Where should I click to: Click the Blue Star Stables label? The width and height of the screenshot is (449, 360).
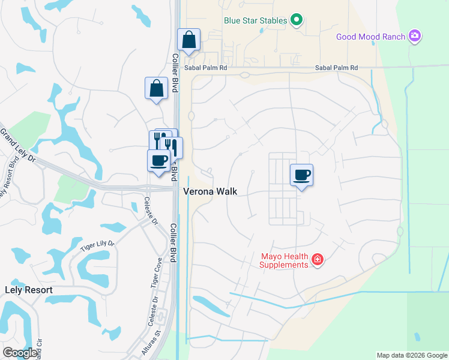coord(255,20)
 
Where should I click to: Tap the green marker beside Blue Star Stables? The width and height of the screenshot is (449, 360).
coord(296,20)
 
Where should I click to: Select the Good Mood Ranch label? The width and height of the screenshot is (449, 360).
coord(371,37)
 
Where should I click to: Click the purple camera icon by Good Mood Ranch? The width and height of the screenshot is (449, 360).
coord(414,37)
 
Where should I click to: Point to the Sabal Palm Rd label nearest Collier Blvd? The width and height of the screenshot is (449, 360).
coord(206,68)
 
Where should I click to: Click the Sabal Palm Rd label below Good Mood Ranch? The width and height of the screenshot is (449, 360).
coord(336,68)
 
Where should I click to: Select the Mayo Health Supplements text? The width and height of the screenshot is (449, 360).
coord(284,260)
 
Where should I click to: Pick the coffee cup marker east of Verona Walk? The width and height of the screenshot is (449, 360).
coord(301,175)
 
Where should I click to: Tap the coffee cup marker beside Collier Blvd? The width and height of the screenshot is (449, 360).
coord(158,160)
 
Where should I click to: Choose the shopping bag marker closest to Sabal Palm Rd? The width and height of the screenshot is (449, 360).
coord(188,40)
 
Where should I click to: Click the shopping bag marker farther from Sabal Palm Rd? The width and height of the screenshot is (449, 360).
coord(156,88)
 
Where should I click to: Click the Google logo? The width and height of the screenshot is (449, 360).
coord(20,353)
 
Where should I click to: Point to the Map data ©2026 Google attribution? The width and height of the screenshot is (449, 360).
coord(411,355)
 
